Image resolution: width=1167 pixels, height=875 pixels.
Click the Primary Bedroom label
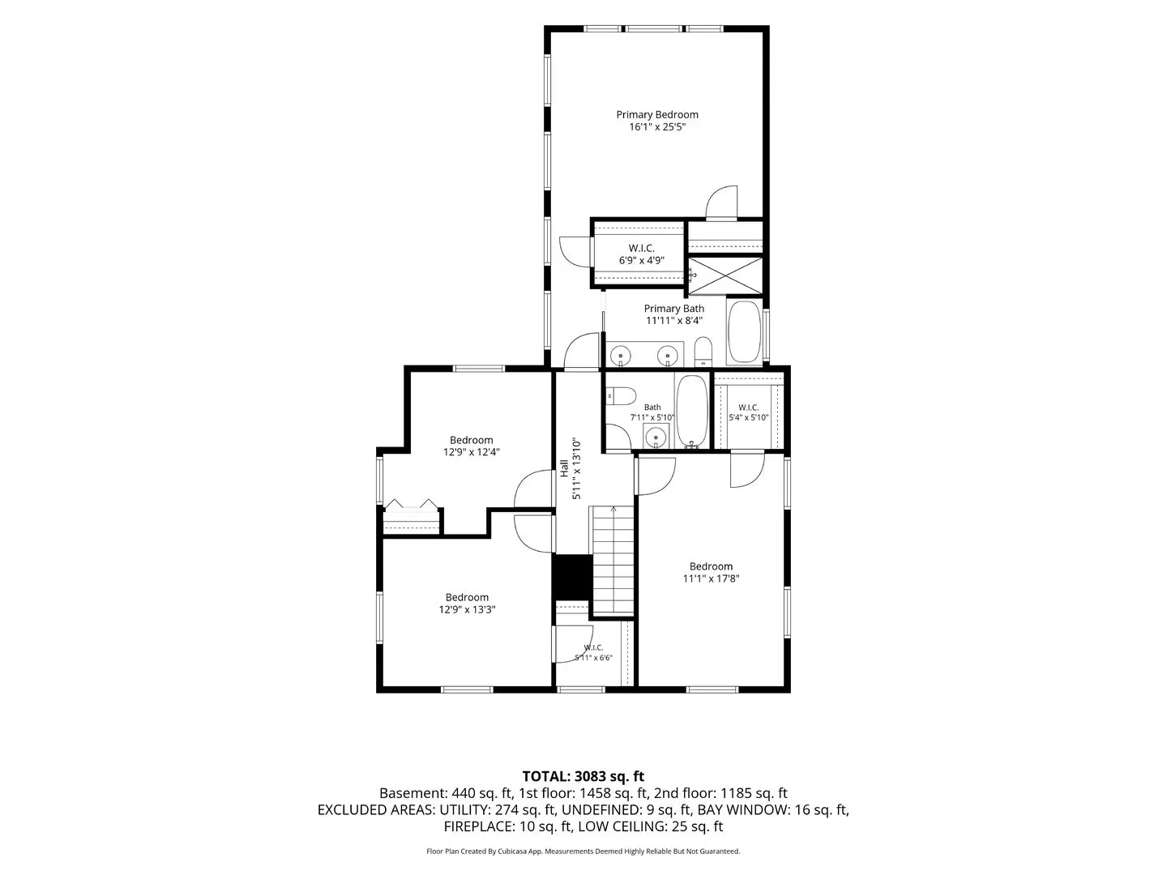[x=657, y=115]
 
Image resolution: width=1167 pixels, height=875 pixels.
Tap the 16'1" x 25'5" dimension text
[x=657, y=127]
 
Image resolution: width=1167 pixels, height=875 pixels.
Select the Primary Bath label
[x=673, y=309]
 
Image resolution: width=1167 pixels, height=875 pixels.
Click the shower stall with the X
[x=725, y=275]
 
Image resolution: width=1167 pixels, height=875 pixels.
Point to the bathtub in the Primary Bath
[x=744, y=332]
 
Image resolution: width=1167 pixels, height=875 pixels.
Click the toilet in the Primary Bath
[x=703, y=352]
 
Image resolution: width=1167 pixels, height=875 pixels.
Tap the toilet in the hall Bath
[x=622, y=396]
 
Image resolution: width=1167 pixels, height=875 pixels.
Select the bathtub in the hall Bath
[x=692, y=412]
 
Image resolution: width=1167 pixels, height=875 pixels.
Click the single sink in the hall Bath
[x=656, y=437]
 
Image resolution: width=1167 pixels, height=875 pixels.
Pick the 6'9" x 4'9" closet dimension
[x=642, y=260]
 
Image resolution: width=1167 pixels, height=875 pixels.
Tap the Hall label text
[x=564, y=468]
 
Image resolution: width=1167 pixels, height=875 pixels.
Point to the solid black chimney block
[x=572, y=578]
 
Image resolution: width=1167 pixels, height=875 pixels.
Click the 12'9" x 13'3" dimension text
[x=467, y=609]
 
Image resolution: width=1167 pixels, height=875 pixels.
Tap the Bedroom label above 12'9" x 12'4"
[x=471, y=440]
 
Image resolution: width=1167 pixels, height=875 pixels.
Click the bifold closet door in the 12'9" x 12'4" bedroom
[x=412, y=506]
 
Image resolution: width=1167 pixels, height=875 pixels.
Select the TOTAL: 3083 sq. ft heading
[x=583, y=776]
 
